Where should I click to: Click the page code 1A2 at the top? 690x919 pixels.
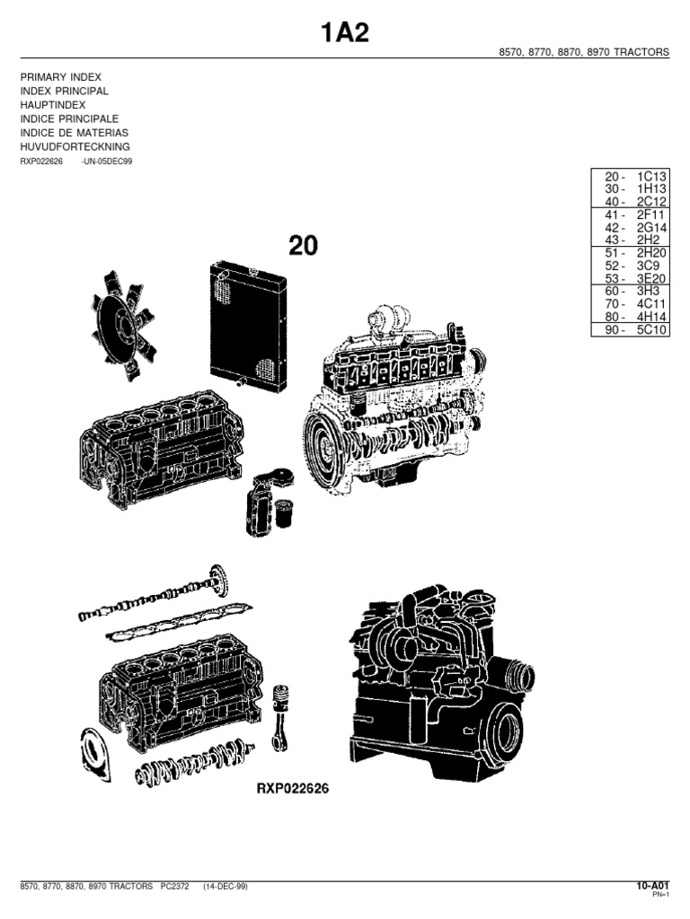click(x=345, y=33)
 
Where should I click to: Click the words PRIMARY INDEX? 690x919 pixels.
click(x=61, y=78)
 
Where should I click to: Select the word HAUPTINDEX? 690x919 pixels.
click(x=53, y=105)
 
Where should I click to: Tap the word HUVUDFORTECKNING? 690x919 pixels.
click(x=75, y=146)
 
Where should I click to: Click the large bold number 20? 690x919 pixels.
click(x=303, y=245)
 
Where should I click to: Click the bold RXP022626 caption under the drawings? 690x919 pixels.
click(x=293, y=790)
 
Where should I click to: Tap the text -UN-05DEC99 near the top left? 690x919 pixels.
click(x=107, y=162)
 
